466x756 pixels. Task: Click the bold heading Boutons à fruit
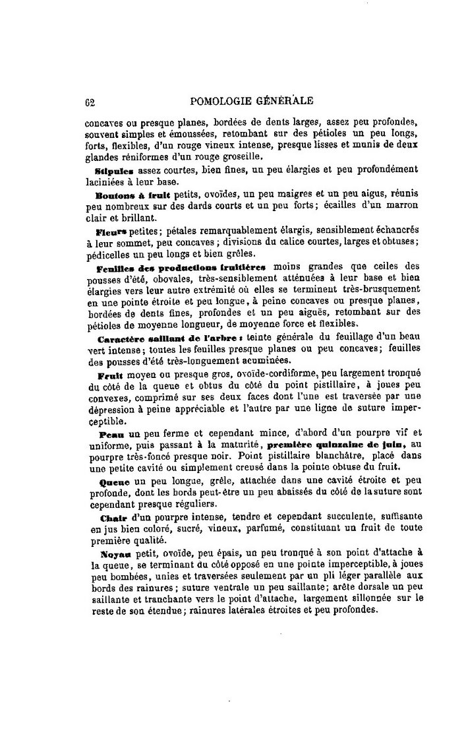click(132, 195)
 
